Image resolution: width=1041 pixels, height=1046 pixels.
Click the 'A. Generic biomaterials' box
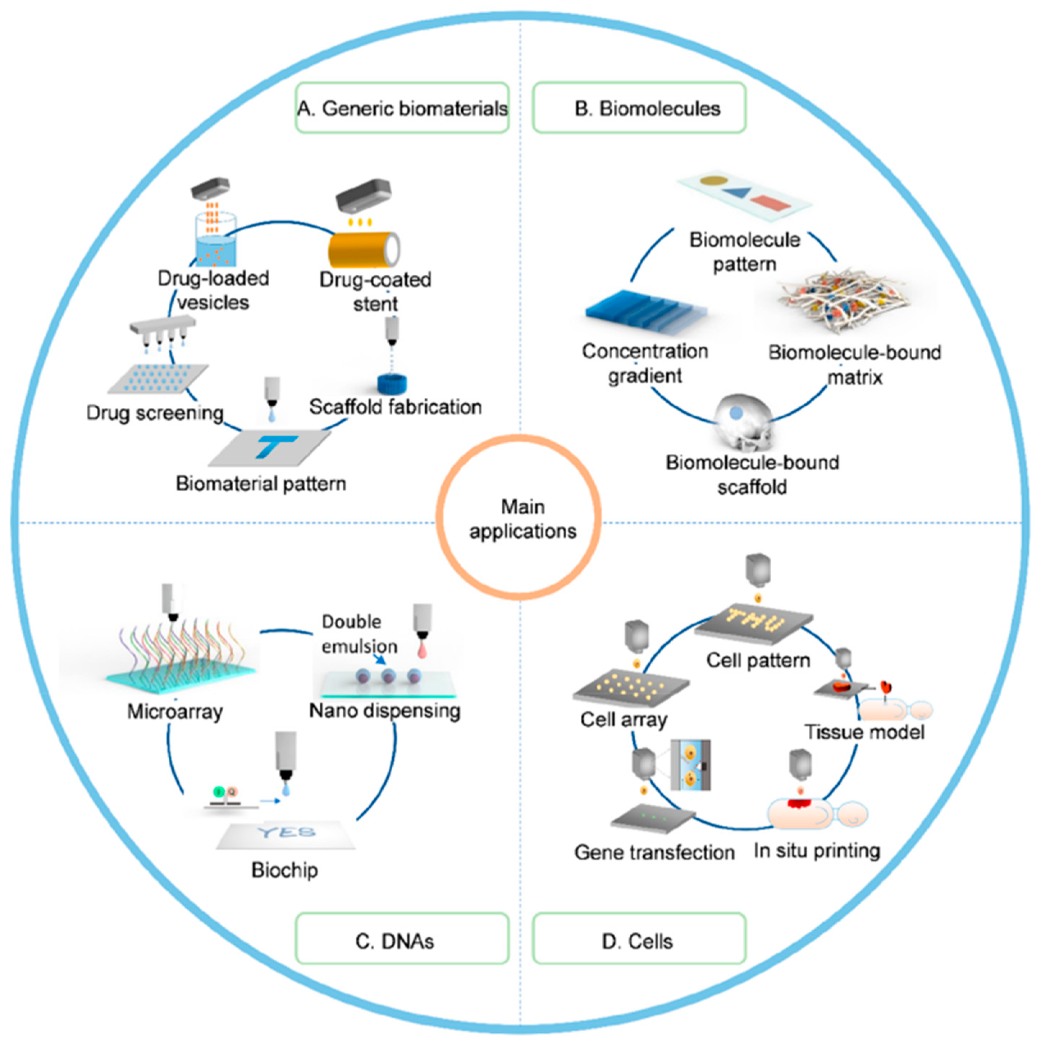pyautogui.click(x=402, y=108)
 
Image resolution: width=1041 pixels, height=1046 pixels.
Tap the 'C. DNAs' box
pyautogui.click(x=402, y=940)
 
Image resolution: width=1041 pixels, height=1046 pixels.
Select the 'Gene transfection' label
pyautogui.click(x=654, y=852)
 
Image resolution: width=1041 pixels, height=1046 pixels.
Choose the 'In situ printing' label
pyautogui.click(x=816, y=850)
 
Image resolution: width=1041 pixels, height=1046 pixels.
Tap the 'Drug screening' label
pyautogui.click(x=155, y=413)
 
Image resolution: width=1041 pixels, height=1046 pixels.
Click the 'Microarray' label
pyautogui.click(x=175, y=711)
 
